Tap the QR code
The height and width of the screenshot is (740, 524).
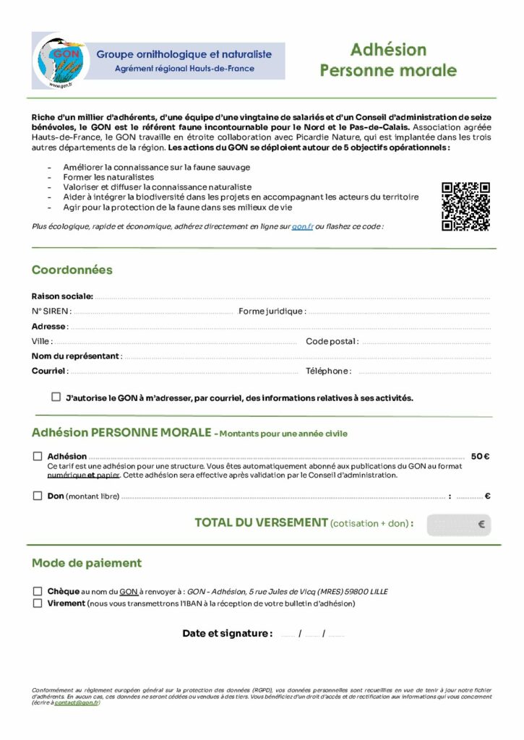coord(465,207)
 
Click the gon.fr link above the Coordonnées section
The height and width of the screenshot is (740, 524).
coord(302,226)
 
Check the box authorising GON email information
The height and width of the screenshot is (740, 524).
coord(56,397)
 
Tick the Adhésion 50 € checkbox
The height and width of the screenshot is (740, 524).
coord(38,456)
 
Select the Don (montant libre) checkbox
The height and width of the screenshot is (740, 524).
coord(38,496)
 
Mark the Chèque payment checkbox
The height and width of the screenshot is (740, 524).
coord(38,590)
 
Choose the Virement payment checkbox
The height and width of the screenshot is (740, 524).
coord(38,603)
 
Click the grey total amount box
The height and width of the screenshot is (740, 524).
coord(458,525)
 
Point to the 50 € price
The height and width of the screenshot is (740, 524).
coord(480,456)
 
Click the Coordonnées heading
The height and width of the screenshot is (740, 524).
coord(72,270)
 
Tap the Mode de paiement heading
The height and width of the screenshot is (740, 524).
coord(87,563)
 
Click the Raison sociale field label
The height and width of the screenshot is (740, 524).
coord(62,296)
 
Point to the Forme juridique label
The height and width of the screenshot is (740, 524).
coord(272,311)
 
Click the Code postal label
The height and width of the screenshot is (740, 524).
coord(332,341)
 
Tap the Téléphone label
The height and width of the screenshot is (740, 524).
coord(328,371)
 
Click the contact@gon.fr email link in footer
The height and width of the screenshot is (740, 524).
coord(76,702)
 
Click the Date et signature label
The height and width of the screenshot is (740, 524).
coord(227,634)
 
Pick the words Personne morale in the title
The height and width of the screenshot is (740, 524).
coord(388,71)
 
